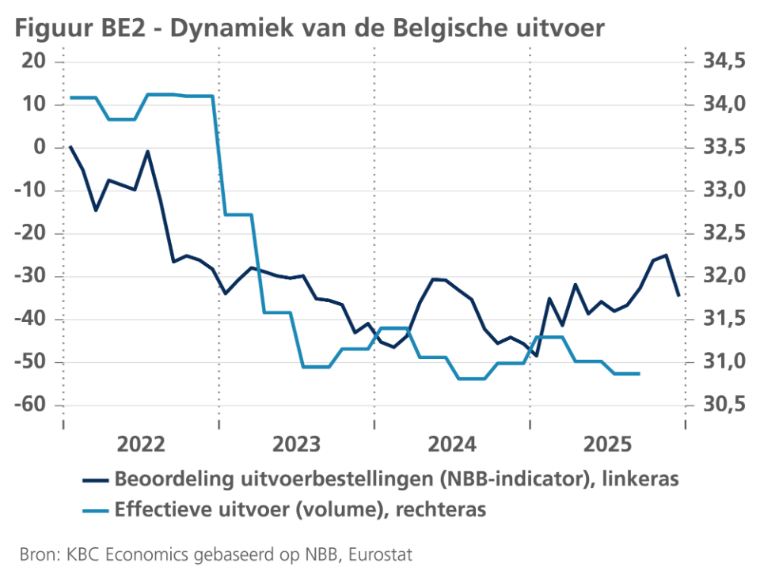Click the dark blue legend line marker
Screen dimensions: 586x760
95,479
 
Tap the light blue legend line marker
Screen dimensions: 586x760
95,510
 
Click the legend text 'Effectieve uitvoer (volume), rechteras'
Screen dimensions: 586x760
300,510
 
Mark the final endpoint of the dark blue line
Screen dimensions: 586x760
678,295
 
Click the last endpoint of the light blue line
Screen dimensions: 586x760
639,373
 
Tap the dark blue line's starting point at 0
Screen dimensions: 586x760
70,147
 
